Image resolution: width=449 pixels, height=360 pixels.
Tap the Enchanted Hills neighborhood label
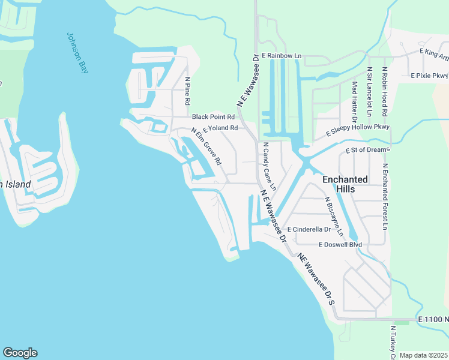(345, 184)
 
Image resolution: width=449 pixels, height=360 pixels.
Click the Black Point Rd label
(213, 116)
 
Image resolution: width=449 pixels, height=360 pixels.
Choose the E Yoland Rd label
(221, 128)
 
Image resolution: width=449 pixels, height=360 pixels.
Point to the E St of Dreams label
(367, 150)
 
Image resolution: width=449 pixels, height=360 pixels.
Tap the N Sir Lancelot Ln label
(370, 92)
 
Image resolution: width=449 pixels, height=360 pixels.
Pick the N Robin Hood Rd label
(384, 92)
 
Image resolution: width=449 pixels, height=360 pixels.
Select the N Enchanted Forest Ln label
(385, 197)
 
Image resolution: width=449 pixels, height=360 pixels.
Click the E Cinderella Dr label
(309, 230)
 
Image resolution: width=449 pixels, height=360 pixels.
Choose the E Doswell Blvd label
(340, 245)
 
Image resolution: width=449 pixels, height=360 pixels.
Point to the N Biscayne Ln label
(334, 217)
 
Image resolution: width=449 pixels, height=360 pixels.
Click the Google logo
(20, 353)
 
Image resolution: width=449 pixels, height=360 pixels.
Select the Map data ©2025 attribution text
(423, 355)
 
